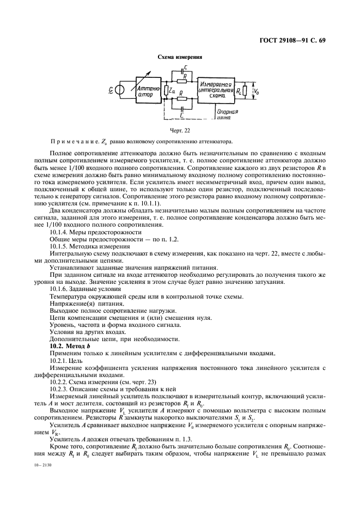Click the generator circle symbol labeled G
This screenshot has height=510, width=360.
pos(120,90)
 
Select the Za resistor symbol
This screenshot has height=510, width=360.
pos(166,90)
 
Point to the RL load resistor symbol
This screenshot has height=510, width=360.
pos(245,90)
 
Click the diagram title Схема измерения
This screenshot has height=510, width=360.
pos(180,57)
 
